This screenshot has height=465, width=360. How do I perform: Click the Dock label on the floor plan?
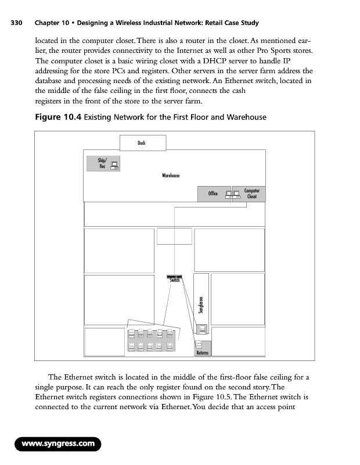coord(142,142)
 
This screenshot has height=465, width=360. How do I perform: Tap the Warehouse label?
coord(171,176)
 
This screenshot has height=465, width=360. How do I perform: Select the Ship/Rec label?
coord(98,163)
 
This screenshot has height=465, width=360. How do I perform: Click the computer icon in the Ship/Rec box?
coord(114,164)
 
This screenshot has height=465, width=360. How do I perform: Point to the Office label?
coord(213,194)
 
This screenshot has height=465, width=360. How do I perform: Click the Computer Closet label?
coord(252,194)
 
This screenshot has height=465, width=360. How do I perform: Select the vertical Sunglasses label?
coord(201,306)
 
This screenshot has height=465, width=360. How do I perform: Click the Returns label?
coord(202,353)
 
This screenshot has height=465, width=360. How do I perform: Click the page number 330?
coord(16,23)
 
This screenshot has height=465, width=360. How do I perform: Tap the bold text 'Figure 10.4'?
coord(56,117)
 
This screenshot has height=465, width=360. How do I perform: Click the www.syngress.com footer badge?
coord(58,445)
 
